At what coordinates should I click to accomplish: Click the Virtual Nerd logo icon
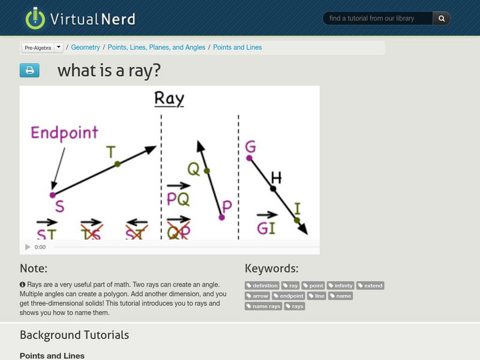point(35,18)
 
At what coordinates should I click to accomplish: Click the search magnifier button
point(442,19)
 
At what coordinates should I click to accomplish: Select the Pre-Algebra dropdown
point(42,47)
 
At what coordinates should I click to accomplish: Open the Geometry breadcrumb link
point(85,47)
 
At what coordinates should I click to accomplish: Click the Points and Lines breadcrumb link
point(237,47)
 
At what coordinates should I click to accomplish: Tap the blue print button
point(29,71)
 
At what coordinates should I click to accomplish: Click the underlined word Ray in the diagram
point(169,98)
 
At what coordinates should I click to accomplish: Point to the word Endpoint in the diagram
point(64,133)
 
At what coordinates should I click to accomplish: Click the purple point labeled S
point(52,195)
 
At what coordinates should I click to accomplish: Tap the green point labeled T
point(117,163)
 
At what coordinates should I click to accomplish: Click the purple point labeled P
point(221,217)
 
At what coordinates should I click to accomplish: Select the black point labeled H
point(273,188)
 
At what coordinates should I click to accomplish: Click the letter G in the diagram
point(250,147)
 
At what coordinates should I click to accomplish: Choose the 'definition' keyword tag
point(263,286)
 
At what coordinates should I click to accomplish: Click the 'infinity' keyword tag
point(340,286)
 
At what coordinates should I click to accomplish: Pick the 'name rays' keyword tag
point(264,306)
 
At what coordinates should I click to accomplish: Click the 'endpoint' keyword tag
point(289,296)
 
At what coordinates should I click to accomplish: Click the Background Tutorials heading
point(74,335)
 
